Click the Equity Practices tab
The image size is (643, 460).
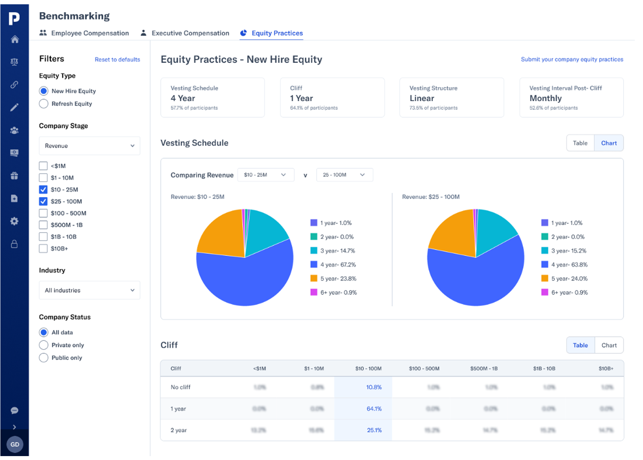277,33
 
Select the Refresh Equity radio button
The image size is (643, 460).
44,104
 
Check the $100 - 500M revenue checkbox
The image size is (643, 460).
43,213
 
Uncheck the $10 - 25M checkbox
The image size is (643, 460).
43,190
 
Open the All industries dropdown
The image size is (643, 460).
89,290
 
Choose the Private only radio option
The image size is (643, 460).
44,345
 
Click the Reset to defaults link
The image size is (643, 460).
117,59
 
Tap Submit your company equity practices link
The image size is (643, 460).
571,59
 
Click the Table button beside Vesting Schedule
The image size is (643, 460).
580,143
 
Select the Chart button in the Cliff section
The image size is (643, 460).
609,345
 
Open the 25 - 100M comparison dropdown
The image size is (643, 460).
344,175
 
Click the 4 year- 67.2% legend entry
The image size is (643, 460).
333,265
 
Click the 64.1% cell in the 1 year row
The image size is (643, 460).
374,409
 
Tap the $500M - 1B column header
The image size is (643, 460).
483,369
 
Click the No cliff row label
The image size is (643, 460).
180,387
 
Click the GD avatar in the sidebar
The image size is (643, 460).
15,444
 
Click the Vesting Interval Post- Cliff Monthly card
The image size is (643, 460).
571,98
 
